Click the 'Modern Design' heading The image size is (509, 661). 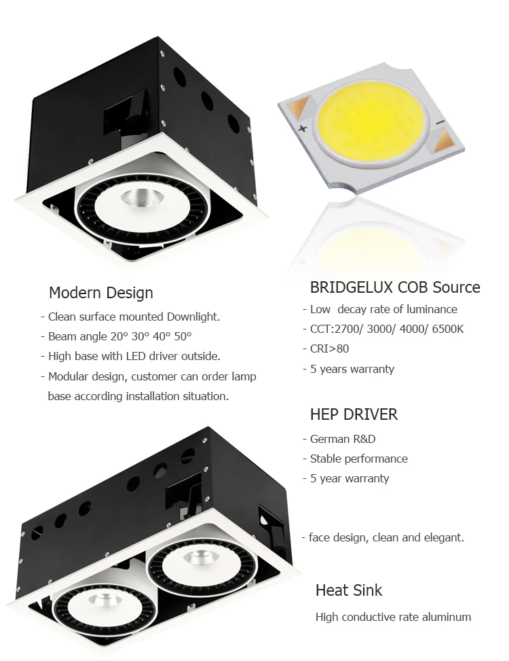coord(100,293)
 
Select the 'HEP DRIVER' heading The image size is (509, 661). coord(354,414)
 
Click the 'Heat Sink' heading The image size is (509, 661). coord(349,590)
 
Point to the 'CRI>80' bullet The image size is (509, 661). coord(329,349)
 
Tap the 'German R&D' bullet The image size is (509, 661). coord(342,439)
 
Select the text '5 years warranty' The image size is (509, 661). coord(352,369)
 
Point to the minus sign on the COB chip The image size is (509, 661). coord(439,122)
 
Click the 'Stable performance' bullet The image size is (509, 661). coord(358,459)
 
